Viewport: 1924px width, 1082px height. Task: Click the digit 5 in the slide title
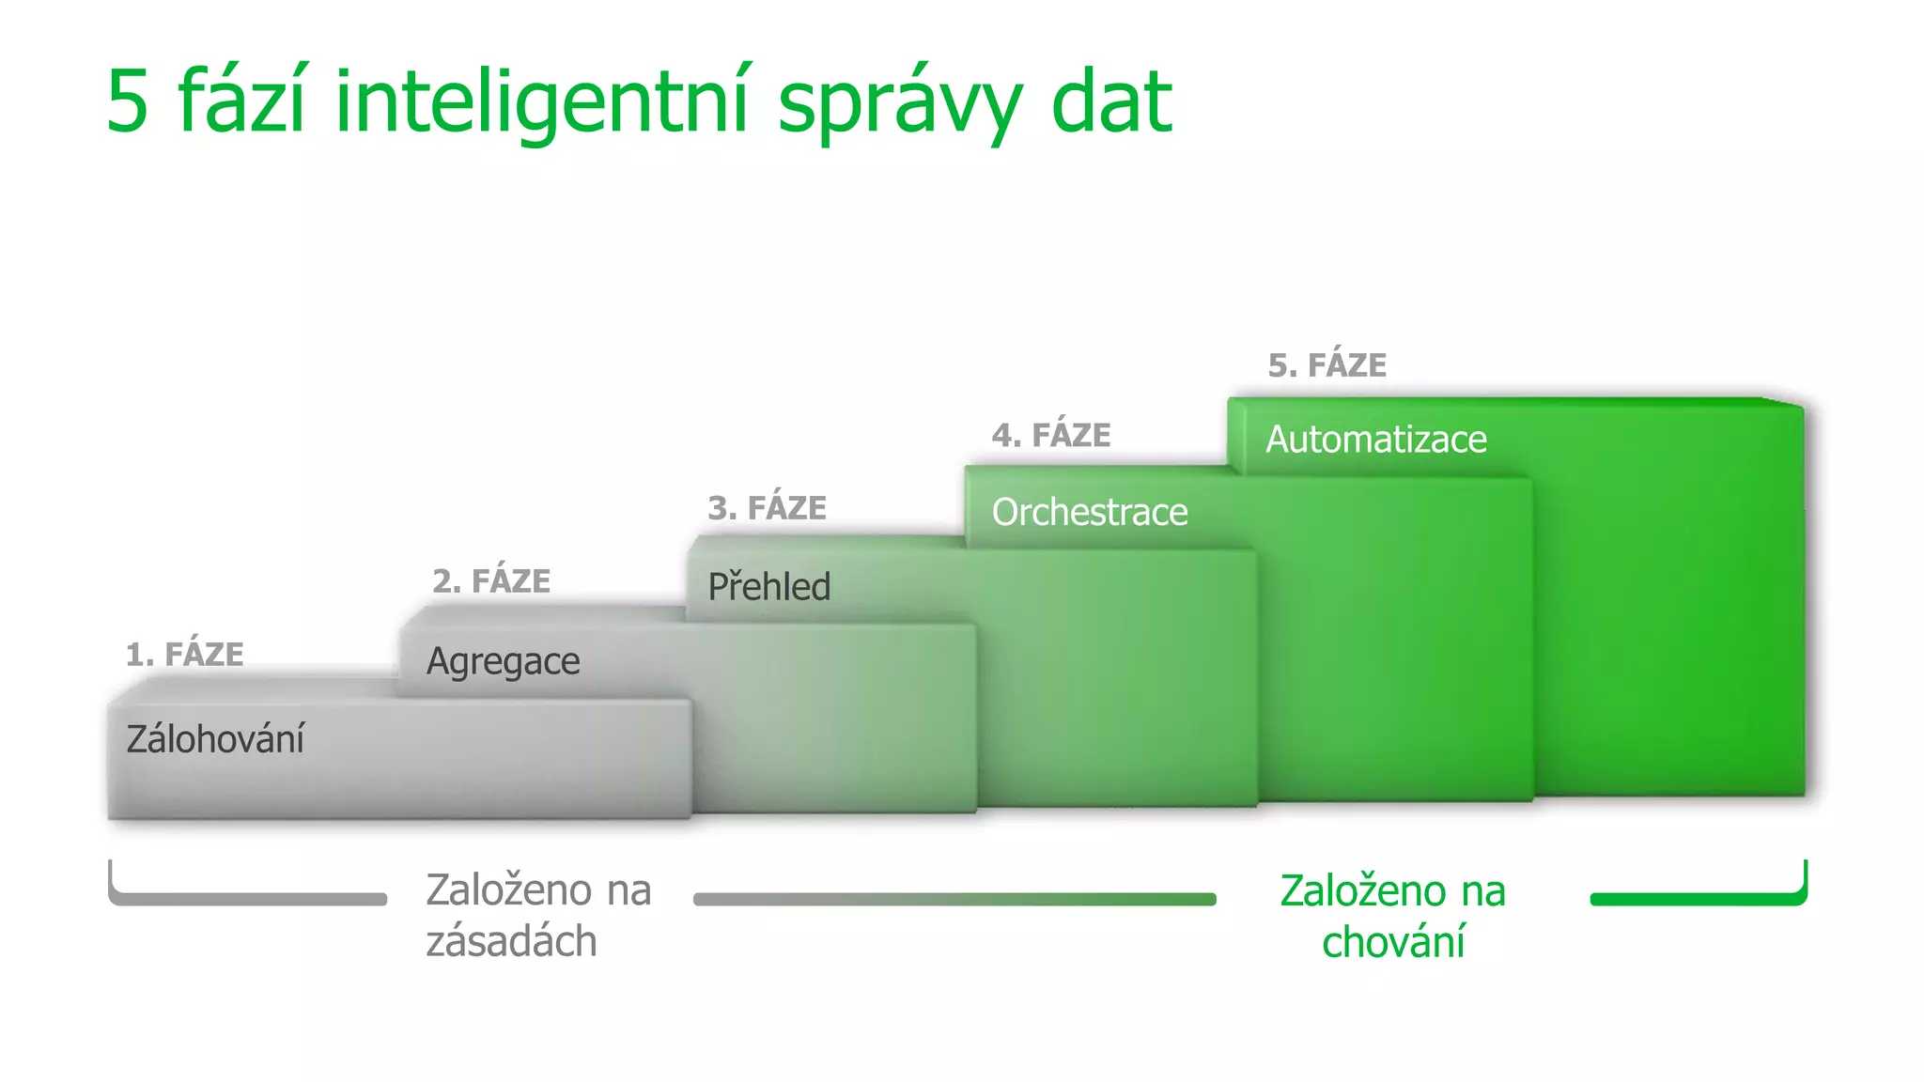coord(128,101)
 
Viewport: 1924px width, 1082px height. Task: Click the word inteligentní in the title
coord(543,101)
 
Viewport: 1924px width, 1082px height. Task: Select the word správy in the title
coord(900,103)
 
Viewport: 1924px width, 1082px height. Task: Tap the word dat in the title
coord(1111,101)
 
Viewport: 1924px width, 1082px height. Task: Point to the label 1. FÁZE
coord(185,654)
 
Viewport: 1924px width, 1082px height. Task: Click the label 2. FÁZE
coord(491,581)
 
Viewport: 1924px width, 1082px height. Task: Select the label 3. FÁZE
coord(767,508)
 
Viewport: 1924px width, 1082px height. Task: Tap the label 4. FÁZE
coord(1051,436)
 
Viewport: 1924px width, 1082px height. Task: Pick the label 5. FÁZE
coord(1327,365)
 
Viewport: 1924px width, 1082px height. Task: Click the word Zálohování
coord(215,739)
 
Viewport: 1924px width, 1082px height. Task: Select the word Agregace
coord(503,662)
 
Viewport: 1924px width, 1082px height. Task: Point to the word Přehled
coord(768,587)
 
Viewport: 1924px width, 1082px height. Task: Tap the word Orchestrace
coord(1090,513)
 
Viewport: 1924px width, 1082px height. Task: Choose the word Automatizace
coord(1375,440)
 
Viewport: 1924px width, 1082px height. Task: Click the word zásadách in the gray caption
coord(511,941)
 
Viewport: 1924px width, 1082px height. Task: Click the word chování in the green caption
coord(1393,942)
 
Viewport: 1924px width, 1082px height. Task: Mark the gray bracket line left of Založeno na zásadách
coord(248,899)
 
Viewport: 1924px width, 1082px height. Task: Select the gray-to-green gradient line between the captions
coord(954,899)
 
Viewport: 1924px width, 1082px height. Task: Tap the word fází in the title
coord(241,101)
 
